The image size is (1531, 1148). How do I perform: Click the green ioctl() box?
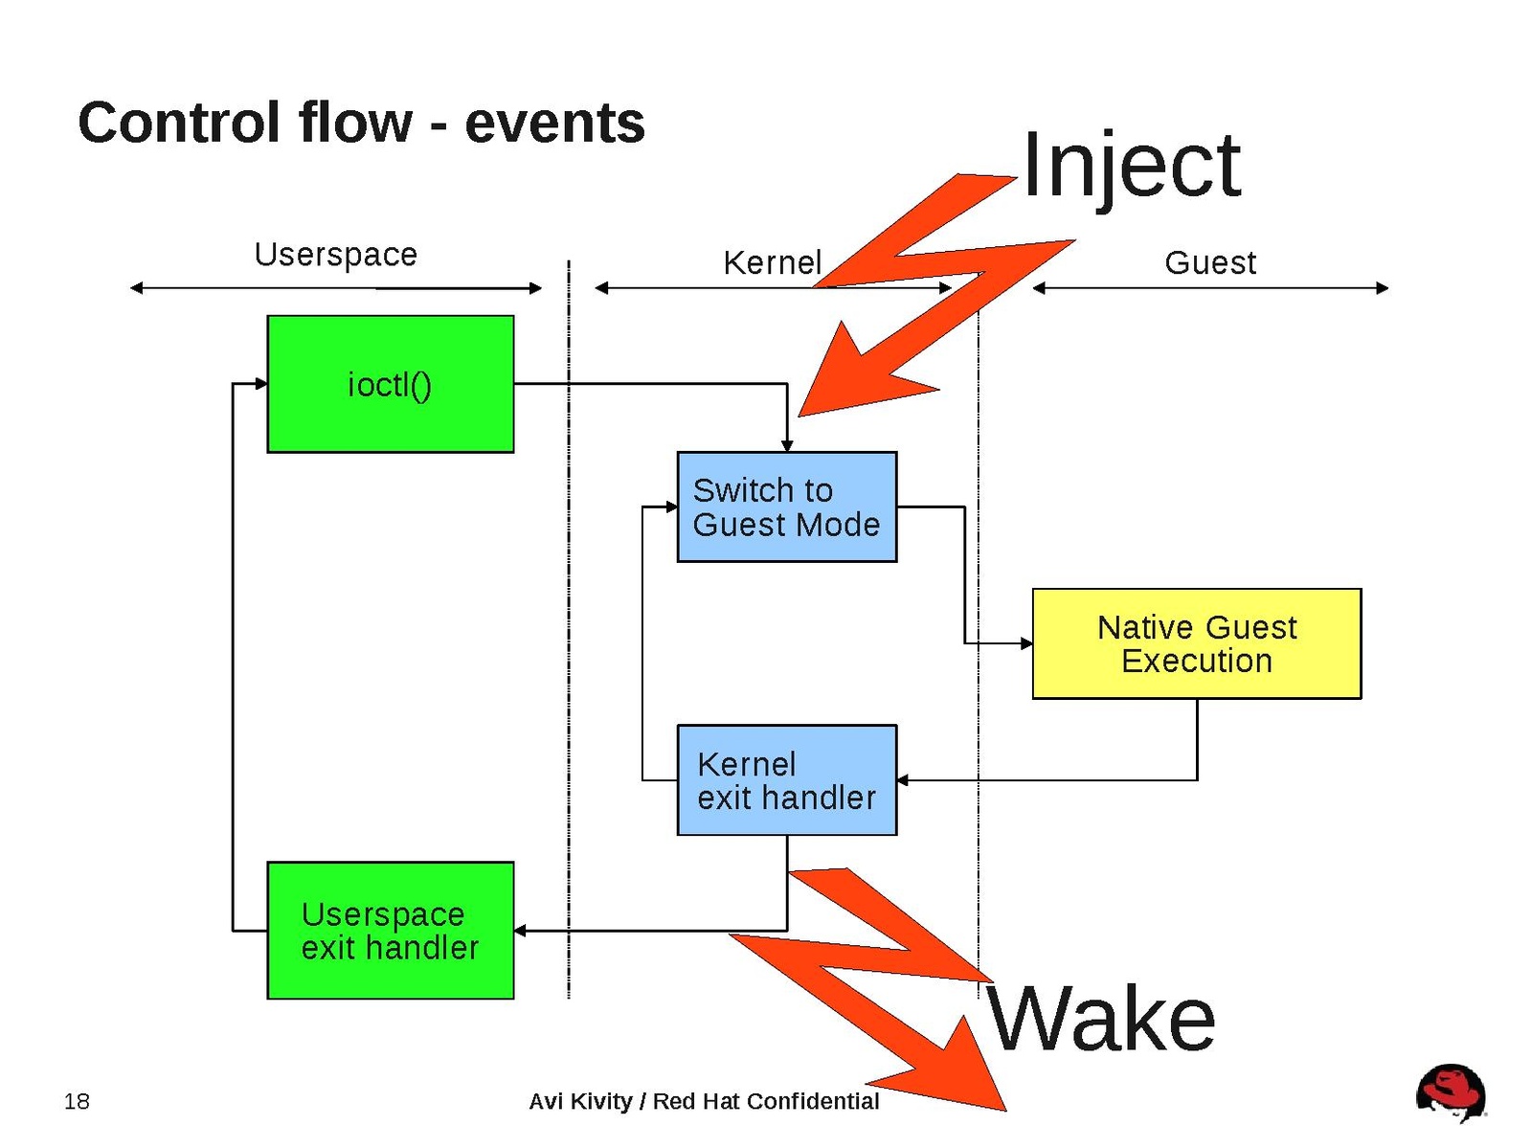390,384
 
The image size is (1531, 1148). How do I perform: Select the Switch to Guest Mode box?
786,506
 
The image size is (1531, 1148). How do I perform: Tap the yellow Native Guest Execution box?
1196,643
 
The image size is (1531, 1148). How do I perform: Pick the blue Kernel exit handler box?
786,779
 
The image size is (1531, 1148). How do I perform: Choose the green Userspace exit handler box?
390,930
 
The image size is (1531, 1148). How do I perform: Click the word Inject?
1131,167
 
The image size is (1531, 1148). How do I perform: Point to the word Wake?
1101,1019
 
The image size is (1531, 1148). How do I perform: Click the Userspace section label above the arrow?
335,255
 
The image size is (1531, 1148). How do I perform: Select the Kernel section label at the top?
772,262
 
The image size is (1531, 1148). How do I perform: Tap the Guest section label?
1209,262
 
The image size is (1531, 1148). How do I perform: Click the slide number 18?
77,1101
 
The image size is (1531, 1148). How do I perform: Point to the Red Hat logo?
1451,1092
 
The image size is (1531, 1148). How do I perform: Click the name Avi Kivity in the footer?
580,1101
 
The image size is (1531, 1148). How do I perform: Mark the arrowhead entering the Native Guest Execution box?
1026,643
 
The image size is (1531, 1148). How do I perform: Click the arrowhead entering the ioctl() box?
261,384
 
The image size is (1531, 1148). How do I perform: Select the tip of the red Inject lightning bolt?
802,414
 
